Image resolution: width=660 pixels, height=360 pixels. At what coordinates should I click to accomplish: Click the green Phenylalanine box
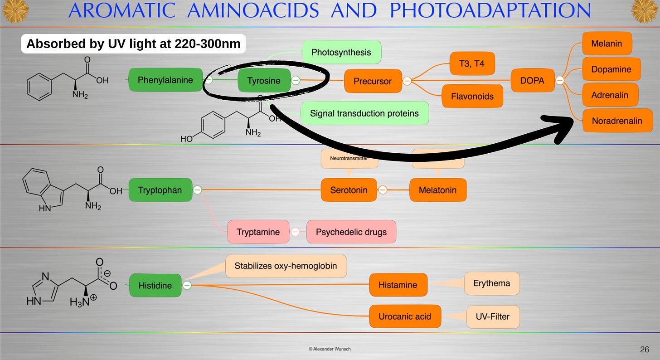pos(165,80)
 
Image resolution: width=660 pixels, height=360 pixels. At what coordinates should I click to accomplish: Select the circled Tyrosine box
pos(263,81)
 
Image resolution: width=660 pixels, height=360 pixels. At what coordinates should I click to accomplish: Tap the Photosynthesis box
pos(341,52)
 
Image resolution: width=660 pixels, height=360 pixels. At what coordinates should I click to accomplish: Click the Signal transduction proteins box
pos(364,113)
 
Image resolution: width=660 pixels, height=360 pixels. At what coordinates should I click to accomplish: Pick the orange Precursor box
pos(373,81)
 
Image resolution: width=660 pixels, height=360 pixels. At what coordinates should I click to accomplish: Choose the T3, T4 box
pos(471,63)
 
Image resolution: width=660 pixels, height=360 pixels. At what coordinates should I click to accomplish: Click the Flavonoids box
pos(472,96)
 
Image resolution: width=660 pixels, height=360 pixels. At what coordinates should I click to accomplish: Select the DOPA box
pos(533,81)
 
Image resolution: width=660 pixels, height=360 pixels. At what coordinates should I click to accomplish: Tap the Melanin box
pos(607,44)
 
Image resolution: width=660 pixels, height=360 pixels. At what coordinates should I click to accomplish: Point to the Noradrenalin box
pos(617,121)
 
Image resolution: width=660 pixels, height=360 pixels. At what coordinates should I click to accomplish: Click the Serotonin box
pos(348,190)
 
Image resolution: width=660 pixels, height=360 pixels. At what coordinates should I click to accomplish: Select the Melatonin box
pos(437,190)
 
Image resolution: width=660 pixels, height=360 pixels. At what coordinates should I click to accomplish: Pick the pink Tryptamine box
pos(258,232)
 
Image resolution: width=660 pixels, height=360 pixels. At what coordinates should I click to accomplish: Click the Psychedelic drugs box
pos(351,232)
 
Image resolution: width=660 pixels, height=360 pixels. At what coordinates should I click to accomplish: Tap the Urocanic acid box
pos(404,316)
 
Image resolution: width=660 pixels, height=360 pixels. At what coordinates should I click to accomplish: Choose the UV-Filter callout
pos(493,316)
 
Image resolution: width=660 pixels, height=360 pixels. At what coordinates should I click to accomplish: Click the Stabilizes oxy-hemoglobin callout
pos(286,266)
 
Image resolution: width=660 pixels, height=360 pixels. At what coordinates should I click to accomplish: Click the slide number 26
pos(644,349)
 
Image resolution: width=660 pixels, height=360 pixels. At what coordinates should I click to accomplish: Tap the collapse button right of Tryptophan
pos(197,190)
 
